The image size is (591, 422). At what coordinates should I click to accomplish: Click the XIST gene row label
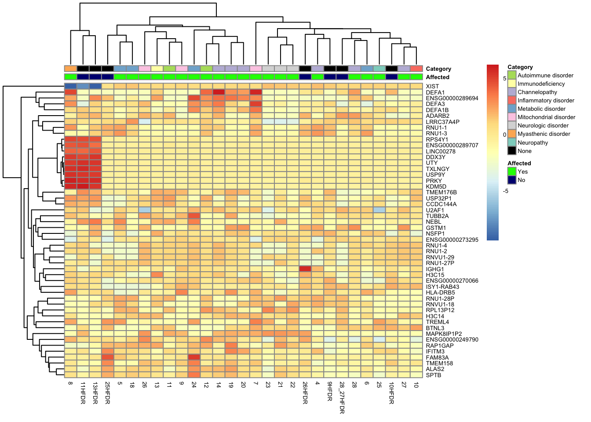coord(432,87)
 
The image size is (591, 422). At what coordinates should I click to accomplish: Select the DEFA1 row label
coord(435,93)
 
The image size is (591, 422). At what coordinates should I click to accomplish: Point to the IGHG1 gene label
coord(435,269)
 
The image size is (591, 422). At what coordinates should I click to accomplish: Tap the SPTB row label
coord(433,375)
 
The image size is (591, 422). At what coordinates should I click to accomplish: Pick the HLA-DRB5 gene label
coord(440,293)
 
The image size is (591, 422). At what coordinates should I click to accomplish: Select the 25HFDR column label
coord(108,393)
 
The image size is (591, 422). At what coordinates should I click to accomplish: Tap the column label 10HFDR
coord(391,393)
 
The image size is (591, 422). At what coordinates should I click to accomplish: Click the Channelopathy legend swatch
coord(512,92)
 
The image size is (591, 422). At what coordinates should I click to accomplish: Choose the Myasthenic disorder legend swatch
coord(512,134)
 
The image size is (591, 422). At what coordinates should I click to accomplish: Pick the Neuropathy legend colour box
coord(512,142)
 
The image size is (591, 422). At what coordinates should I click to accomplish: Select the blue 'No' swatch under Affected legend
coord(512,180)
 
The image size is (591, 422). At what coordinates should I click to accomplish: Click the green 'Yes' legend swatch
coord(512,172)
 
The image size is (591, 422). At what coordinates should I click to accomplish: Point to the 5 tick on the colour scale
coord(505,78)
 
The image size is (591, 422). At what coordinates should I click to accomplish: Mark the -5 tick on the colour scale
coord(505,191)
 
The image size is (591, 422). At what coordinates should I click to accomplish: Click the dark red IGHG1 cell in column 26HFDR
coord(305,269)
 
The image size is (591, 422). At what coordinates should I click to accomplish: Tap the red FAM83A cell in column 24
coord(194,357)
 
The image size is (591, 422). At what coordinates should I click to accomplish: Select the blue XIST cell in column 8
coord(70,87)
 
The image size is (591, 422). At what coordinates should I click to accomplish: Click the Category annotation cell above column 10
coord(416,69)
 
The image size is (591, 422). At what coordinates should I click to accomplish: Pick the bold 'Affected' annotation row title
coord(438,77)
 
